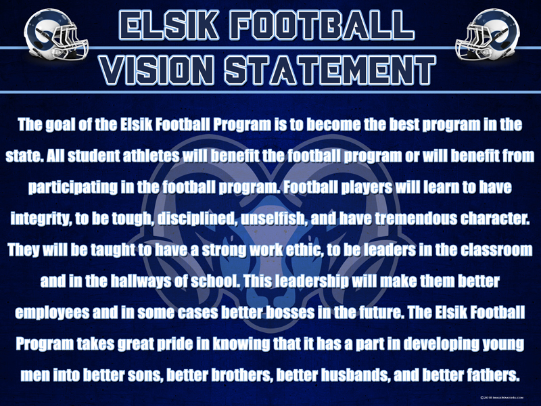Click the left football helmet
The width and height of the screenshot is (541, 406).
click(x=56, y=35)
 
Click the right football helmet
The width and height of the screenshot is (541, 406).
click(x=487, y=35)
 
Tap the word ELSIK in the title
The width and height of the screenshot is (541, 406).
click(x=169, y=25)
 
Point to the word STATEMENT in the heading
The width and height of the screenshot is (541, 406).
click(x=330, y=70)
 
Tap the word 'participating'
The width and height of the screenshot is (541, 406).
click(x=72, y=188)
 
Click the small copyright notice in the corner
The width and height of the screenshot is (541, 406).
click(x=502, y=398)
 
